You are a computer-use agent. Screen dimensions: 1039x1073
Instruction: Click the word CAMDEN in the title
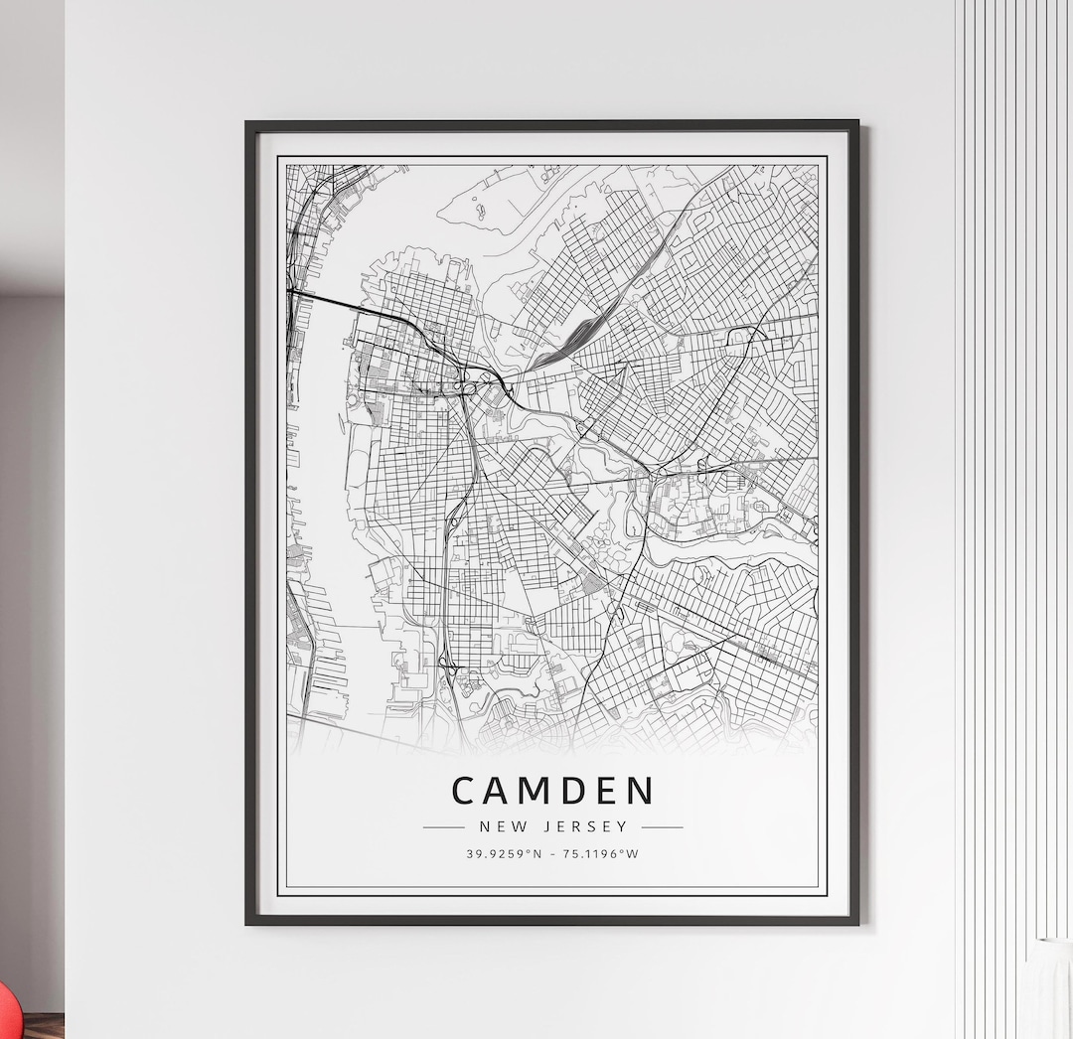pos(552,791)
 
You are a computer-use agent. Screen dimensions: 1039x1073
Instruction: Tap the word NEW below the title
pos(503,826)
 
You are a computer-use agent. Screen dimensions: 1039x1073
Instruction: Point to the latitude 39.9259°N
pos(505,853)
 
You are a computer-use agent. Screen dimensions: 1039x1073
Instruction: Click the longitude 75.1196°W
pos(599,853)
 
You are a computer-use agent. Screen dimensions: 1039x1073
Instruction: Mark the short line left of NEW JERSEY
pos(443,826)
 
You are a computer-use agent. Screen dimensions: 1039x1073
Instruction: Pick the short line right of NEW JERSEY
pos(662,826)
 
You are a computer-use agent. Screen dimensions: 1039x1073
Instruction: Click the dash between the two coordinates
pos(552,853)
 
